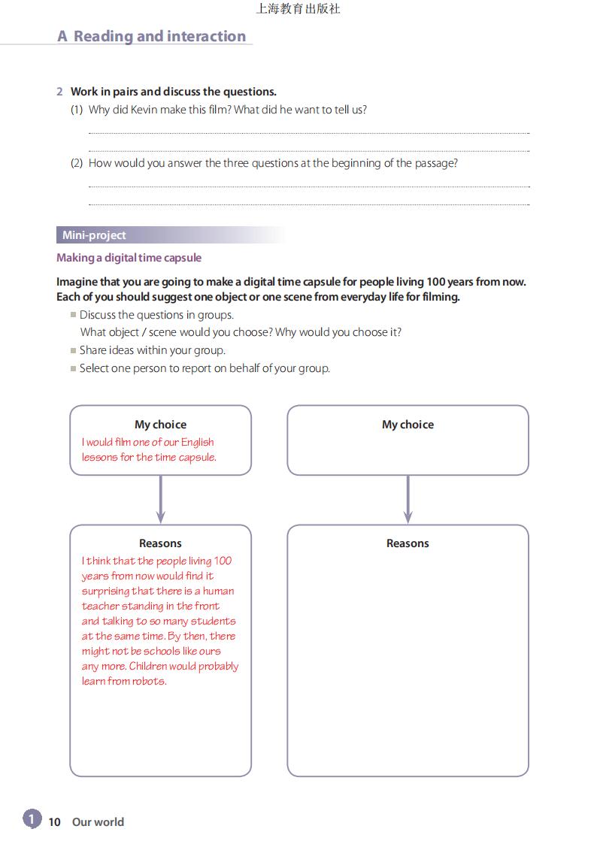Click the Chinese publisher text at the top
pos(298,9)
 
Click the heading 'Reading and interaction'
pos(159,36)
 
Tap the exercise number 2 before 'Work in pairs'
pos(59,92)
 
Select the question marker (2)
pos(77,163)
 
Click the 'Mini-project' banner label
pos(94,235)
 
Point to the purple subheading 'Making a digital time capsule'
pos(129,258)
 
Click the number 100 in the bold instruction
pos(436,282)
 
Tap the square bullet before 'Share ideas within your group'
pos(73,350)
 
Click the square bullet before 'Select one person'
pos(73,368)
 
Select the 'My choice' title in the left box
pos(160,425)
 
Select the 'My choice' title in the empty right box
pos(408,425)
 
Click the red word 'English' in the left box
pos(197,442)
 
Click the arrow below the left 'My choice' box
pos(160,500)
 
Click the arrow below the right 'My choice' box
pos(408,500)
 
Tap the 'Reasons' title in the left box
pos(160,543)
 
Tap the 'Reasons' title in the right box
pos(408,543)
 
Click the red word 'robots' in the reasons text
pos(148,681)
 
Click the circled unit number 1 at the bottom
pos(32,818)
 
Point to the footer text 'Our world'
pos(98,822)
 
